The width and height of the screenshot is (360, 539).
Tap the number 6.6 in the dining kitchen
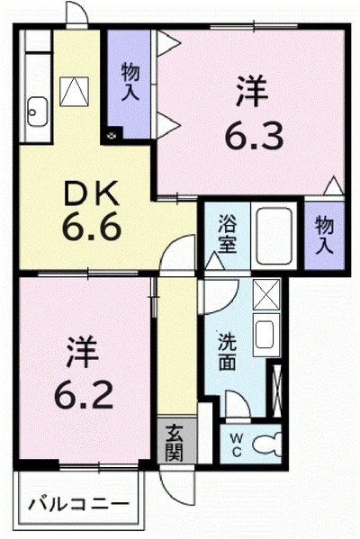point(92,227)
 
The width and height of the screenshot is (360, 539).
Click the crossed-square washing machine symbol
point(267,293)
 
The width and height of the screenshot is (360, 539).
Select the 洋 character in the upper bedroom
point(253,93)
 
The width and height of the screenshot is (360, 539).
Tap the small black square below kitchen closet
point(112,135)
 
